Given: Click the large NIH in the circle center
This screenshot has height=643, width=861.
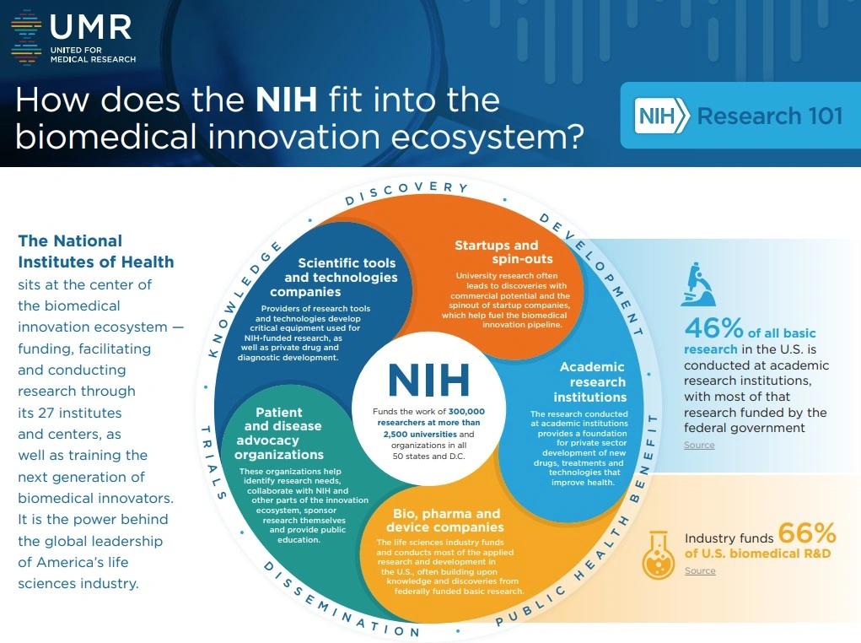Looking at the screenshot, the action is pos(429,380).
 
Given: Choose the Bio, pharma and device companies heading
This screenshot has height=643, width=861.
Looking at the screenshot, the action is pos(445,520).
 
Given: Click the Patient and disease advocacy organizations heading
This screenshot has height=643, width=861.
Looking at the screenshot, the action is pos(279,433).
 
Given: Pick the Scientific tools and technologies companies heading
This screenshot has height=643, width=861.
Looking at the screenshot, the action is pos(341,277).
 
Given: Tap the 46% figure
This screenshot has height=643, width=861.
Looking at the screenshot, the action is pos(713,328).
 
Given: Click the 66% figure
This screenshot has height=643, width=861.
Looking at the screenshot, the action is pos(807,532).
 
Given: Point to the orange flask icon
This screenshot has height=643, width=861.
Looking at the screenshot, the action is pos(659,554).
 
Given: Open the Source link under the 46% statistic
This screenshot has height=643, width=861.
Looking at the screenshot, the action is pos(699,446).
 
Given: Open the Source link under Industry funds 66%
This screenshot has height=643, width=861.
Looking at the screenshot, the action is pos(700,571).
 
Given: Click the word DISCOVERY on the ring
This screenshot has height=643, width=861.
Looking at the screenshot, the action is pos(406,192).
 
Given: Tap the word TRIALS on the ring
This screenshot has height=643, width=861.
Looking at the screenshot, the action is pos(213,462).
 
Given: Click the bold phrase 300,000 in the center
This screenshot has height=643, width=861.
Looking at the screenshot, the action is pos(466,411).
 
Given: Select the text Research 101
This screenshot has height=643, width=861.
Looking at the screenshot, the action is pos(770,116).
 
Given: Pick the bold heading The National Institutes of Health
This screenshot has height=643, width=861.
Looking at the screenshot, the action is pos(96,251).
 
